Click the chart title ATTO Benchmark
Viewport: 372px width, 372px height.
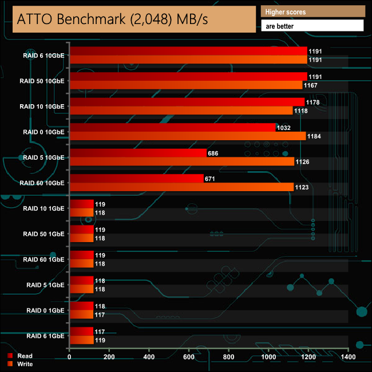tap(113, 19)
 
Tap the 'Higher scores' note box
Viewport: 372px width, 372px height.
tap(312, 12)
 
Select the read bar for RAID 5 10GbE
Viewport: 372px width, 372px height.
tap(137, 153)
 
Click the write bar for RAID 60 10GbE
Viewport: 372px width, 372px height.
tap(181, 187)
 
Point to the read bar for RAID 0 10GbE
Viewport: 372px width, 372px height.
tap(172, 128)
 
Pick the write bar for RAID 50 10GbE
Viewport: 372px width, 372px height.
tap(186, 85)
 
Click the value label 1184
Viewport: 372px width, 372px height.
tap(316, 136)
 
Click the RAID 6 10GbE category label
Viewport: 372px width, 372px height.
tap(42, 56)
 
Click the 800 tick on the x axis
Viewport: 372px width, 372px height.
tap(229, 358)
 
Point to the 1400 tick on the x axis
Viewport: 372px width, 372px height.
tap(348, 358)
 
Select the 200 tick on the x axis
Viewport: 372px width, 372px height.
tap(109, 358)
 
